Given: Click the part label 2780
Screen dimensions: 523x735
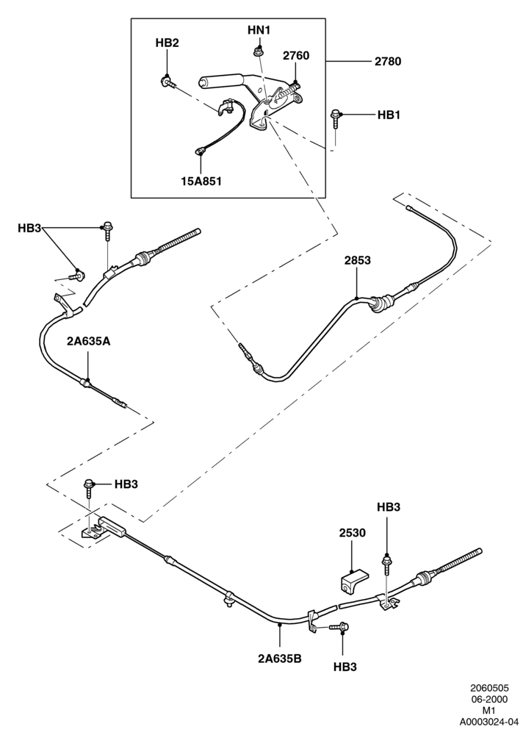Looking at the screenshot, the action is (x=388, y=62).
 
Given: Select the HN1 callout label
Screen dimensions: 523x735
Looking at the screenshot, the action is (x=259, y=30).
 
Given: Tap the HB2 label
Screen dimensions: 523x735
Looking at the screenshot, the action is (x=167, y=43).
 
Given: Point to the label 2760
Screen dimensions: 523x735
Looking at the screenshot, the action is (x=296, y=56).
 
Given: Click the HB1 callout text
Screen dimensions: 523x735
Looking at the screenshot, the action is (x=389, y=115).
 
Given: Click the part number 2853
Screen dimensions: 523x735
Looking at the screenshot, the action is (x=357, y=260).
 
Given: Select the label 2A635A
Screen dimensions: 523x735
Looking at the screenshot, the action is (x=88, y=341).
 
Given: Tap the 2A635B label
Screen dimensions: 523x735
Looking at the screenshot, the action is (x=280, y=659).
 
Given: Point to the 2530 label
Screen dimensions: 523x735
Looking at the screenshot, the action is (x=352, y=533).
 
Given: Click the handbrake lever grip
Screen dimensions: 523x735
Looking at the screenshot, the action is (x=220, y=82).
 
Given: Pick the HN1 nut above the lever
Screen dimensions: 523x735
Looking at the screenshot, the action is (x=257, y=51).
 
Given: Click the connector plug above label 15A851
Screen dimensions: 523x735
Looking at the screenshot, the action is (x=201, y=151).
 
